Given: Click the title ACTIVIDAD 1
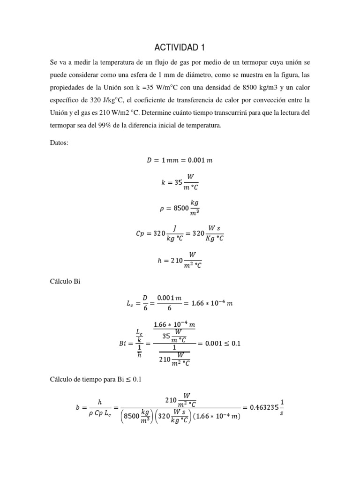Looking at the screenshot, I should (180, 48).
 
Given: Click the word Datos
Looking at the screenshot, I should (59, 143).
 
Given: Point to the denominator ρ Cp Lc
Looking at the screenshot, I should (99, 412).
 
